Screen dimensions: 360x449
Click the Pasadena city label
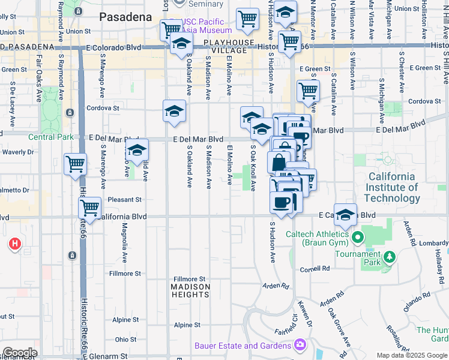[x=125, y=17]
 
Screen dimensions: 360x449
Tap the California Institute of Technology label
[x=391, y=187]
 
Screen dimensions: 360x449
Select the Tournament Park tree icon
[x=390, y=257]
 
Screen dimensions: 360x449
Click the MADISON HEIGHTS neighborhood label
[x=191, y=290]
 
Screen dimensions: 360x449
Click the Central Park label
[x=51, y=137]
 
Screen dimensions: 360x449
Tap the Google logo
[x=19, y=353]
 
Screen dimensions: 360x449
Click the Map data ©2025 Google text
[x=412, y=355]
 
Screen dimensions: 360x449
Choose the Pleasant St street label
[x=124, y=199]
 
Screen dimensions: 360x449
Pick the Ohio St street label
[x=126, y=340]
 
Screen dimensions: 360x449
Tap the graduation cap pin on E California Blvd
[x=345, y=214]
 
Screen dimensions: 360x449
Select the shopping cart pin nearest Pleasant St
[x=89, y=208]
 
